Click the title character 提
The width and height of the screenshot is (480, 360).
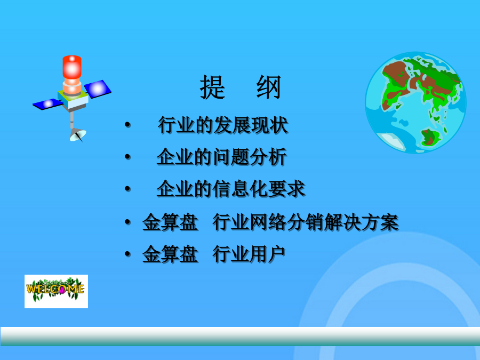click(x=212, y=87)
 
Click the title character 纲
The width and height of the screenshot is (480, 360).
click(x=269, y=87)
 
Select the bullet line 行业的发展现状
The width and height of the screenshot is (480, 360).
click(x=223, y=125)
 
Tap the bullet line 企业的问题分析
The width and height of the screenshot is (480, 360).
click(x=222, y=157)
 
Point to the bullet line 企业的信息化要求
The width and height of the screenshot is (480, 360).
click(x=231, y=189)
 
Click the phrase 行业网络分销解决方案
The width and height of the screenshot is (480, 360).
click(x=306, y=222)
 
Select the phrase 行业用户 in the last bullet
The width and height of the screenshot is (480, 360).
click(x=249, y=254)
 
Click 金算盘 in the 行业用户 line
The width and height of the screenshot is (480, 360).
click(x=170, y=254)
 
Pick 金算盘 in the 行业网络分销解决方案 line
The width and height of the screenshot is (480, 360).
click(x=170, y=222)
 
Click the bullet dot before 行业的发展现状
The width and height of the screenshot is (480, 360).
click(x=127, y=125)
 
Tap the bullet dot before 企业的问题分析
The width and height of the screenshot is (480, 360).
click(x=127, y=157)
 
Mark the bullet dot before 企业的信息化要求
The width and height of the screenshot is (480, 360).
click(x=127, y=189)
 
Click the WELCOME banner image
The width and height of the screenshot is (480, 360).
click(x=57, y=291)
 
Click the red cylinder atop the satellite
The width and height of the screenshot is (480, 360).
click(x=72, y=67)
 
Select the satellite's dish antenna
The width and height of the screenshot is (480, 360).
click(x=78, y=135)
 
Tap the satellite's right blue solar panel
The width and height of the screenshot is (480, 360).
click(x=98, y=89)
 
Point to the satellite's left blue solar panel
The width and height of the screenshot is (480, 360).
click(x=48, y=104)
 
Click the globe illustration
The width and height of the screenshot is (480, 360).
click(x=415, y=102)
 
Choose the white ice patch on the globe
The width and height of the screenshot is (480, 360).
click(x=391, y=141)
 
